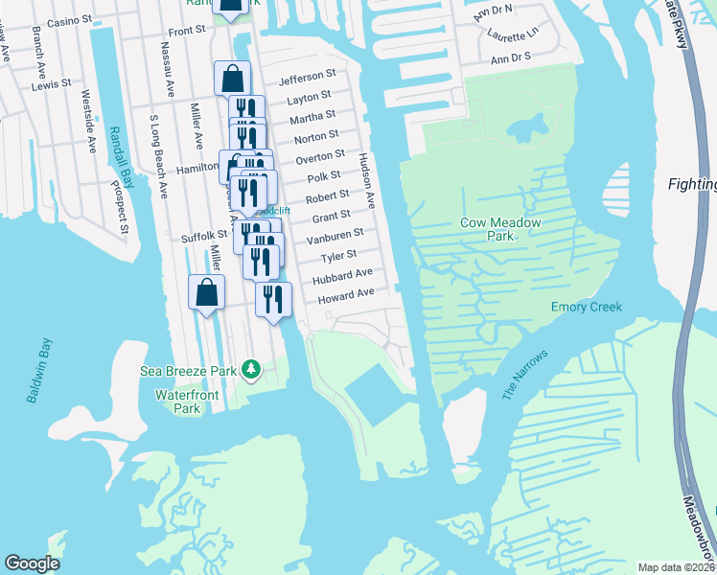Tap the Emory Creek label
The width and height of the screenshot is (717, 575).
coord(586,307)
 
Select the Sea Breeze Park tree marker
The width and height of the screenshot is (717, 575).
coord(251,369)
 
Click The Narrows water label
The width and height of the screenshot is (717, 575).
coord(523,375)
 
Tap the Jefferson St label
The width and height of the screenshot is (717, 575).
coord(307,74)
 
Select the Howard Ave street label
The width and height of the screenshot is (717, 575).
coord(344,294)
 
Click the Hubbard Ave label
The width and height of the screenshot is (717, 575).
coord(342,275)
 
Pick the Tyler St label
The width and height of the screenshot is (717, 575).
coord(338,256)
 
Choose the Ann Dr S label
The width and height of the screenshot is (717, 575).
coord(510,59)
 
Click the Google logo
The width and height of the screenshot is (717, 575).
coord(32,563)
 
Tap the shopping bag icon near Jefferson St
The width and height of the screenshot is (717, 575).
coord(233,79)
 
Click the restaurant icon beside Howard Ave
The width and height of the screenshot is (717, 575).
coord(273,299)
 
